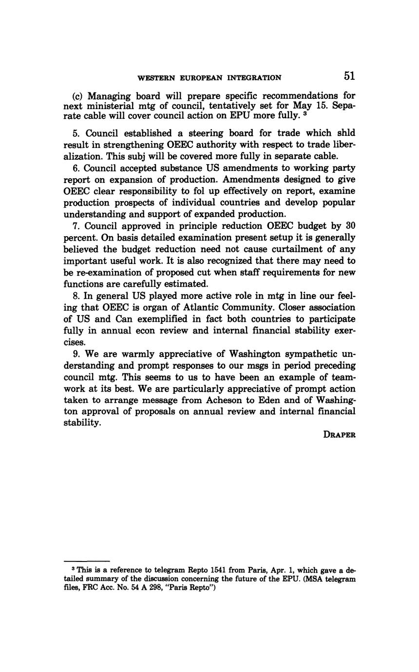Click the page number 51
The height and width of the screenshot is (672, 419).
349,76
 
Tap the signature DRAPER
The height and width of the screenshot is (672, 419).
339,435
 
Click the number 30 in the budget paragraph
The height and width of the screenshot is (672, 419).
350,226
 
